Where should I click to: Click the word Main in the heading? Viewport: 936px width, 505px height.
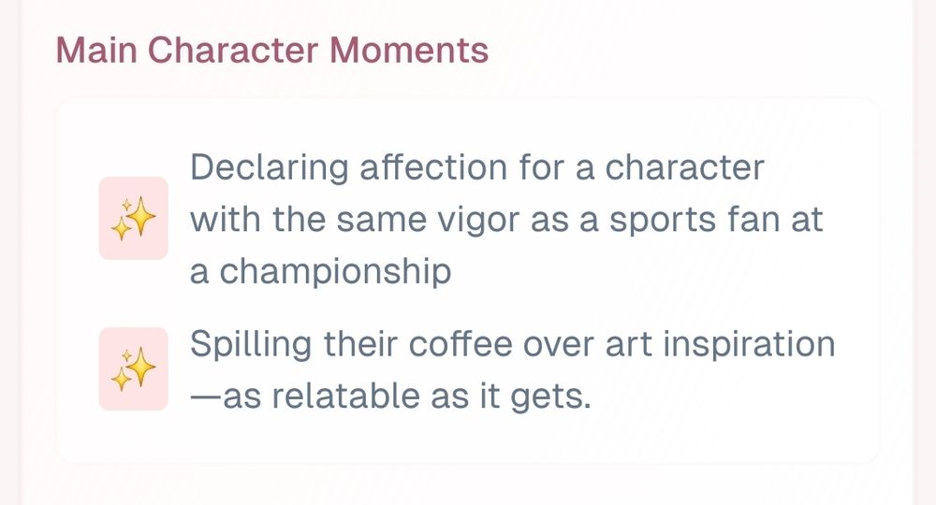point(96,50)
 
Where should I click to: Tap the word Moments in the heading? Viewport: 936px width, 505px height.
point(409,50)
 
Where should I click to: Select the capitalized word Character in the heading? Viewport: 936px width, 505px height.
point(233,50)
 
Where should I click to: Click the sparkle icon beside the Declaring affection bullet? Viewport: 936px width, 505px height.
point(133,218)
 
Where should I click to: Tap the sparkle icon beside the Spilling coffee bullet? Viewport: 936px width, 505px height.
point(133,369)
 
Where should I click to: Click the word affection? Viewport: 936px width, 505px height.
point(433,167)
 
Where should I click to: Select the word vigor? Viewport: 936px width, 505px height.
point(478,221)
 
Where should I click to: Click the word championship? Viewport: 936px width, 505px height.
point(335,272)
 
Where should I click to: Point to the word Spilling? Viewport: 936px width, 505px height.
point(251,345)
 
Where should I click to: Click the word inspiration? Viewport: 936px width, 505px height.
point(749,345)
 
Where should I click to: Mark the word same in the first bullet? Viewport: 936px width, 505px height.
point(382,221)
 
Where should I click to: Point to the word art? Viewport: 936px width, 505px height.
point(629,345)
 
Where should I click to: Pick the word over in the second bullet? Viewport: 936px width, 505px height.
point(559,345)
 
